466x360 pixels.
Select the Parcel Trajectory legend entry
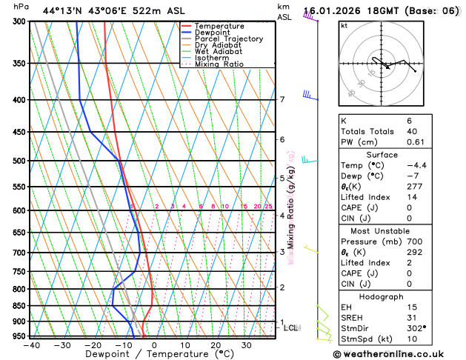tap(228, 39)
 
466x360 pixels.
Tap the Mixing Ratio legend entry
tap(219, 64)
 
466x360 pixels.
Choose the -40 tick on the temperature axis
tap(31, 345)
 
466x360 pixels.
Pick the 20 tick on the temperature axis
tap(216, 345)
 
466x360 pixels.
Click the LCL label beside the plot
tap(291, 327)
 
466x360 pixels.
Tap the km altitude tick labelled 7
tap(282, 100)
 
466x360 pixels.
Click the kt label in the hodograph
tap(344, 25)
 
